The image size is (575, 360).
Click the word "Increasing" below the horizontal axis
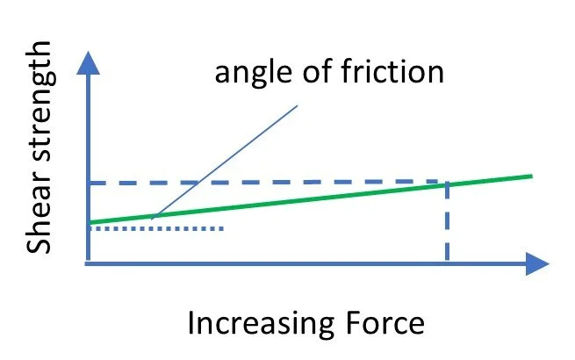(255, 324)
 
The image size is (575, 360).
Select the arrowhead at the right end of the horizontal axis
(536, 262)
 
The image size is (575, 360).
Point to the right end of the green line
(531, 176)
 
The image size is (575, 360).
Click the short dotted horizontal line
(158, 228)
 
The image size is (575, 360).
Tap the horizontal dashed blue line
(263, 183)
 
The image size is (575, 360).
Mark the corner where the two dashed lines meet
(448, 183)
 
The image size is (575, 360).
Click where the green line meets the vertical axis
(89, 222)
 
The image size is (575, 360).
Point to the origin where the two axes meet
(89, 262)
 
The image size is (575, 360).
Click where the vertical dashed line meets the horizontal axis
(448, 262)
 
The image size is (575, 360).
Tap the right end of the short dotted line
(225, 228)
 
